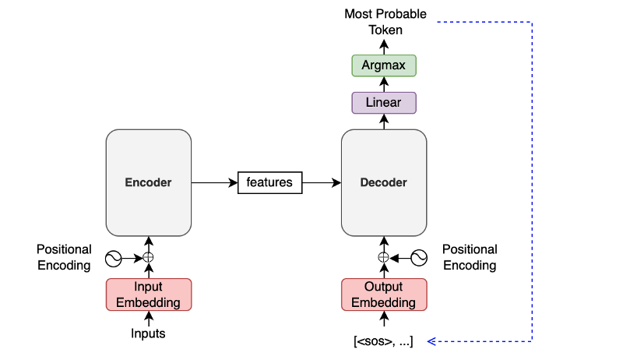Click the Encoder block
point(149,182)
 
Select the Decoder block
point(384,182)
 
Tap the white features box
point(269,182)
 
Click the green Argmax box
point(384,65)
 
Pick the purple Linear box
point(384,103)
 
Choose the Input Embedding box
point(149,295)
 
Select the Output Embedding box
point(384,295)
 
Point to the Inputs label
point(148,334)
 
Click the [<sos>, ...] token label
point(383,341)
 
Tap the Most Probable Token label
point(385,22)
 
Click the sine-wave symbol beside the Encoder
point(113,259)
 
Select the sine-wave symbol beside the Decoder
point(419,258)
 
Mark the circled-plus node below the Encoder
point(148,257)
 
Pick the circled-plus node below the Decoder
point(383,257)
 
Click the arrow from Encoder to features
point(215,183)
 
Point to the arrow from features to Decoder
point(322,183)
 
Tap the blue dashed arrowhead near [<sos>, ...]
point(431,341)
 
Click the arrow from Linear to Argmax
point(384,85)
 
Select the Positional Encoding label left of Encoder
point(64,257)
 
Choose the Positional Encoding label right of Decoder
point(470,257)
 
